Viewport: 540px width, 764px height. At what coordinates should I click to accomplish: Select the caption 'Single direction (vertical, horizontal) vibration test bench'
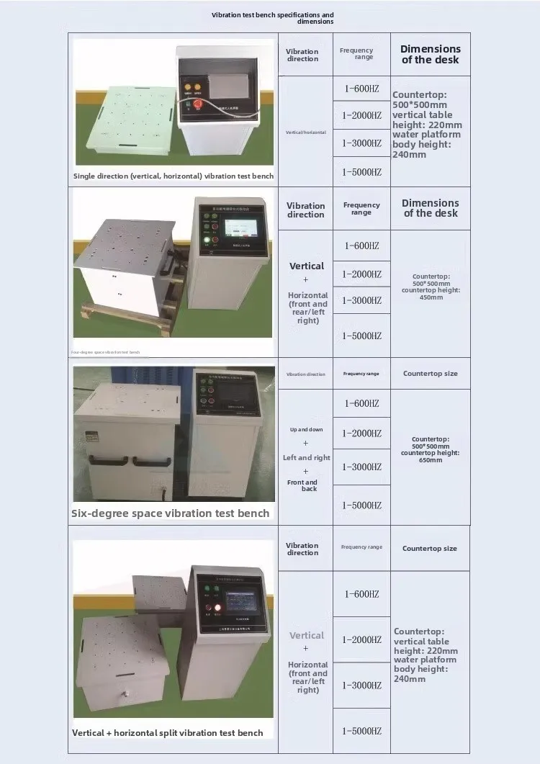tap(174, 176)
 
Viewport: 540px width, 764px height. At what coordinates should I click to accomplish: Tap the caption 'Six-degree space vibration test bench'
tap(171, 513)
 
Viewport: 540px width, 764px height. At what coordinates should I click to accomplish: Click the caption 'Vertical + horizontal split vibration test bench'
tap(168, 732)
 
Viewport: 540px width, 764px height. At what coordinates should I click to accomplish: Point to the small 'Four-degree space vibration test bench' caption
tap(106, 352)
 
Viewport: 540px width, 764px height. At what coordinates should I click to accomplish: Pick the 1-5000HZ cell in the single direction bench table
tap(361, 172)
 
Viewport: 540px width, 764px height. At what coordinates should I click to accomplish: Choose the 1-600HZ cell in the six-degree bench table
tap(361, 403)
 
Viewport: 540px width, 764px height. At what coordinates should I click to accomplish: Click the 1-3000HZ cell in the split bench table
tap(361, 685)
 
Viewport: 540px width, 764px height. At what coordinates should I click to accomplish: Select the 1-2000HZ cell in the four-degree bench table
tap(361, 274)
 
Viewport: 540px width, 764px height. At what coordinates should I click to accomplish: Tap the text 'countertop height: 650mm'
tap(431, 456)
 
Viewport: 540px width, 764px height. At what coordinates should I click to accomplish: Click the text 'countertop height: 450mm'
tap(431, 293)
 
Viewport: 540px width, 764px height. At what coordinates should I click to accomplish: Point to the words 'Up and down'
tap(306, 430)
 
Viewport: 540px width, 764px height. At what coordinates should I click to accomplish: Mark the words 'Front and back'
tap(303, 485)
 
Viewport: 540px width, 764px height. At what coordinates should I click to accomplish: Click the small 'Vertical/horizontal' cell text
tap(305, 132)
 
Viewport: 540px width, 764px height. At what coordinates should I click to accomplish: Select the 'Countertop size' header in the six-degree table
tap(430, 374)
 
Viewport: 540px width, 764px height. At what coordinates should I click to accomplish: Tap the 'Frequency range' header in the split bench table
tap(361, 547)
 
